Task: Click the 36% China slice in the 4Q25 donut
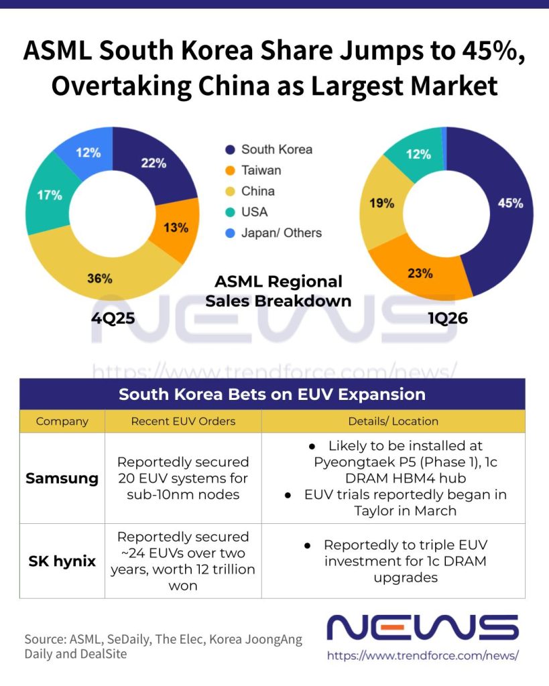pyautogui.click(x=101, y=278)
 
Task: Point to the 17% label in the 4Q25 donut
pyautogui.click(x=50, y=196)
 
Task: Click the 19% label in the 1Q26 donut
pyautogui.click(x=381, y=203)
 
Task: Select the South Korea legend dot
pyautogui.click(x=231, y=150)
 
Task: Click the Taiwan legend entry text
pyautogui.click(x=261, y=170)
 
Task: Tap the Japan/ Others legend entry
pyautogui.click(x=282, y=233)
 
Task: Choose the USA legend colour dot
pyautogui.click(x=231, y=212)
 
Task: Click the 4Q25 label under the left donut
pyautogui.click(x=113, y=318)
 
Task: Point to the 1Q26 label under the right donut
pyautogui.click(x=447, y=318)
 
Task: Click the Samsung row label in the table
pyautogui.click(x=62, y=478)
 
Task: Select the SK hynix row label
pyautogui.click(x=62, y=561)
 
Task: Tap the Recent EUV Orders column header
pyautogui.click(x=183, y=421)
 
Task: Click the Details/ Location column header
pyautogui.click(x=393, y=421)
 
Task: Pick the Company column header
pyautogui.click(x=62, y=421)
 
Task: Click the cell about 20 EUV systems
pyautogui.click(x=183, y=478)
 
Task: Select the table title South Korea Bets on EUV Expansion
pyautogui.click(x=272, y=394)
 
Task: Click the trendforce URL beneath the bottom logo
pyautogui.click(x=423, y=656)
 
